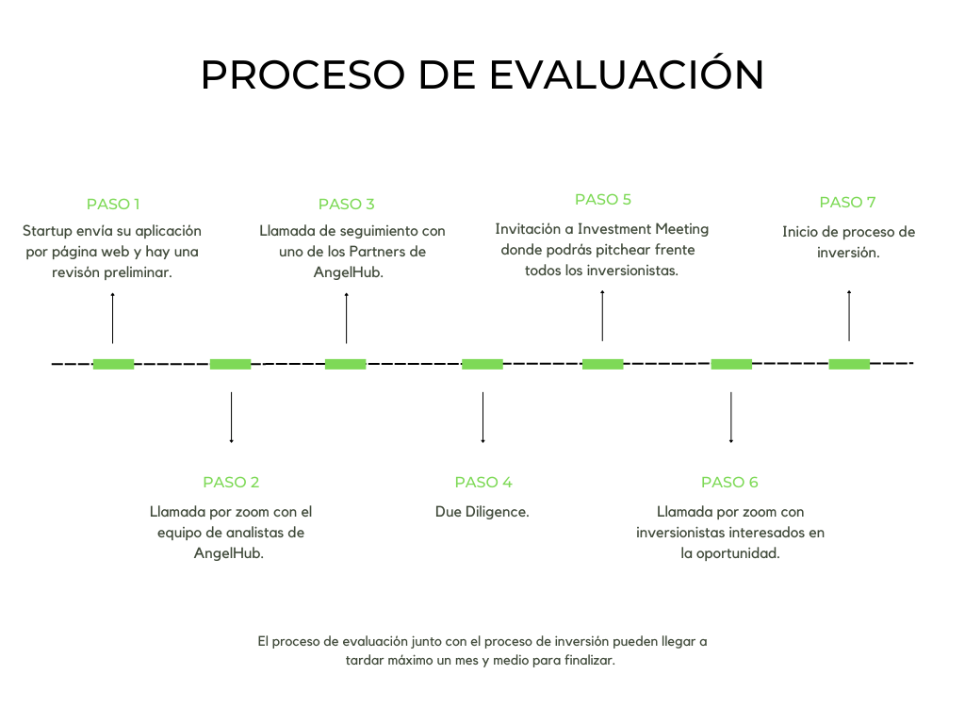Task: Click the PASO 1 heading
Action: pyautogui.click(x=113, y=204)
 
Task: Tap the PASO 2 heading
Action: pyautogui.click(x=231, y=482)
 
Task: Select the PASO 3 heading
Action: pyautogui.click(x=347, y=204)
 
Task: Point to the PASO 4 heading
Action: pyautogui.click(x=483, y=482)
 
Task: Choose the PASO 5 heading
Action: pyautogui.click(x=603, y=199)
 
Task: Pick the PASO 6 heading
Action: pyautogui.click(x=729, y=482)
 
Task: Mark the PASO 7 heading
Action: pyautogui.click(x=848, y=202)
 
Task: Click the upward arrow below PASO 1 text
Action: pyautogui.click(x=113, y=318)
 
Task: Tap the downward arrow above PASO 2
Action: pyautogui.click(x=231, y=417)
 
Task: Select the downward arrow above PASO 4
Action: pyautogui.click(x=483, y=417)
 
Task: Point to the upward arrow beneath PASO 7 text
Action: pyautogui.click(x=849, y=315)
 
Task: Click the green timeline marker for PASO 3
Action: pyautogui.click(x=346, y=364)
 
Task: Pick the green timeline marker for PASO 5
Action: pyautogui.click(x=602, y=364)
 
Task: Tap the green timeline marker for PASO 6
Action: pyautogui.click(x=731, y=364)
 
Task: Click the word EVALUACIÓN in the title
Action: pyautogui.click(x=626, y=75)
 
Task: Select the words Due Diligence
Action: pyautogui.click(x=482, y=512)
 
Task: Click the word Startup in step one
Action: pyautogui.click(x=47, y=231)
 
